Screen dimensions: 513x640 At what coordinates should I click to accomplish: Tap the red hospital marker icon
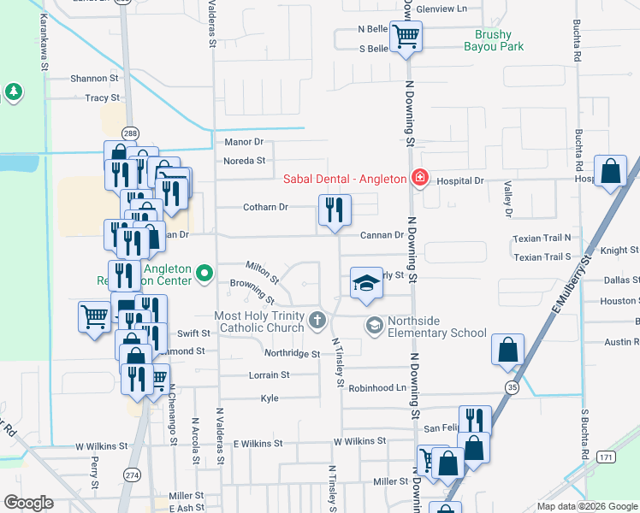(x=419, y=179)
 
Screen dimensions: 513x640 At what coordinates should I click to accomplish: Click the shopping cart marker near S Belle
(x=406, y=37)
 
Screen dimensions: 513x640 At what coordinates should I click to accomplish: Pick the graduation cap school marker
(x=366, y=283)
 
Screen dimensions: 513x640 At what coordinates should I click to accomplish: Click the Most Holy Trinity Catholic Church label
(x=260, y=321)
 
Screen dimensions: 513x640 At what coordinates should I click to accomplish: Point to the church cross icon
(x=317, y=321)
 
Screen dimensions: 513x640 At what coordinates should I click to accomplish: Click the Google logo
(x=29, y=503)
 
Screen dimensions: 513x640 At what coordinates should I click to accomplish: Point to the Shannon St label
(x=94, y=78)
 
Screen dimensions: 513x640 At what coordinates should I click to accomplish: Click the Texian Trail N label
(x=542, y=239)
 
